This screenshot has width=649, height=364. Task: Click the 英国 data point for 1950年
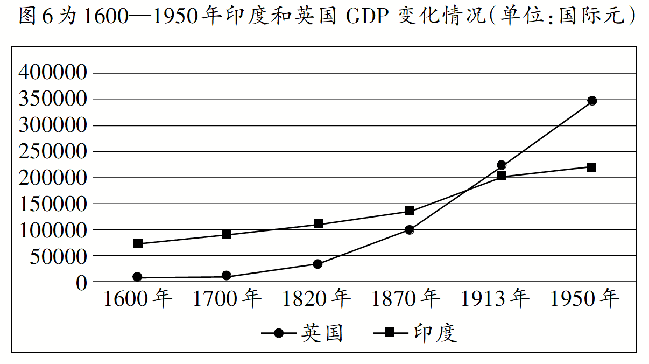[592, 101]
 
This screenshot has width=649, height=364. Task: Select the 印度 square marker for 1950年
[592, 167]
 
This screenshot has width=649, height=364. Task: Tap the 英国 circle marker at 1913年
[502, 165]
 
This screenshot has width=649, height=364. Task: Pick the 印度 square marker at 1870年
[409, 211]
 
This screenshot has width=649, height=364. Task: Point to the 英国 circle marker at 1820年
[318, 264]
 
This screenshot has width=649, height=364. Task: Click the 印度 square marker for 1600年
[138, 243]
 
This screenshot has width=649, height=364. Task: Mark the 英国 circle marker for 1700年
[227, 276]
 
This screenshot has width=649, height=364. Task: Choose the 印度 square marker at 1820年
[318, 223]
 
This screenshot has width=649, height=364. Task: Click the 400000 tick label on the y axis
[53, 73]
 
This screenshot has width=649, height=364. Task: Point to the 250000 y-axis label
[53, 151]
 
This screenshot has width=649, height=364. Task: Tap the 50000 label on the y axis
[57, 256]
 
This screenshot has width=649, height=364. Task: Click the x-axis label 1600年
[138, 299]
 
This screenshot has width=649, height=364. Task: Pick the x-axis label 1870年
[407, 299]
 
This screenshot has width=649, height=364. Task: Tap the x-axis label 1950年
[585, 299]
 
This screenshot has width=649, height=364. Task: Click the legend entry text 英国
[321, 333]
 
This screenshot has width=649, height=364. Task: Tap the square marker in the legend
[390, 333]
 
